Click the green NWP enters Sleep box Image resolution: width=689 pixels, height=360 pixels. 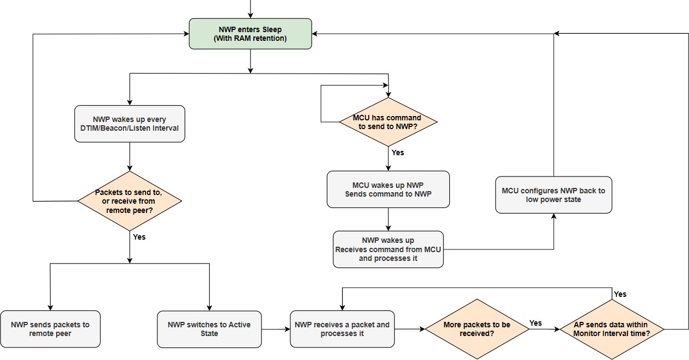(251, 34)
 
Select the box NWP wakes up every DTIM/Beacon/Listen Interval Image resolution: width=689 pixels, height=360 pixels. (130, 124)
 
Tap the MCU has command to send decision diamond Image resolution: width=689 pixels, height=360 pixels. (388, 122)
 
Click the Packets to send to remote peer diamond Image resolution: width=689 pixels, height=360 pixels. (129, 201)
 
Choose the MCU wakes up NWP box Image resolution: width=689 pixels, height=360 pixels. (388, 189)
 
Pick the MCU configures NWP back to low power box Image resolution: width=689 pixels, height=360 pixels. (553, 194)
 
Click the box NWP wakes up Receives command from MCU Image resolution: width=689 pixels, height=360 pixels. (388, 249)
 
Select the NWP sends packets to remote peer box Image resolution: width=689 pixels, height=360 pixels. (50, 329)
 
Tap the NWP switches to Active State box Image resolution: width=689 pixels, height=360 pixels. (209, 329)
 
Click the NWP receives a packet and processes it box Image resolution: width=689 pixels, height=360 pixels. (342, 329)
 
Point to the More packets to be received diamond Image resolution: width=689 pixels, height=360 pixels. (477, 329)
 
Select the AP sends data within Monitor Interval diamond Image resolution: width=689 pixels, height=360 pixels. (611, 329)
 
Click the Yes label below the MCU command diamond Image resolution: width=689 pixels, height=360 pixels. (398, 152)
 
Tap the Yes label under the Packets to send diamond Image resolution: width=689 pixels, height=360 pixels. (139, 237)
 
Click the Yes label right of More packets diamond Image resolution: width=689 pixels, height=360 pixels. (535, 323)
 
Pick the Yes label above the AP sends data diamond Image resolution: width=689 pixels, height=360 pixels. (620, 294)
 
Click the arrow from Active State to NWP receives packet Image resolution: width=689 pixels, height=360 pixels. (276, 329)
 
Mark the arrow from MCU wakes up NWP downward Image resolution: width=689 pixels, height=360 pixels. (388, 219)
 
